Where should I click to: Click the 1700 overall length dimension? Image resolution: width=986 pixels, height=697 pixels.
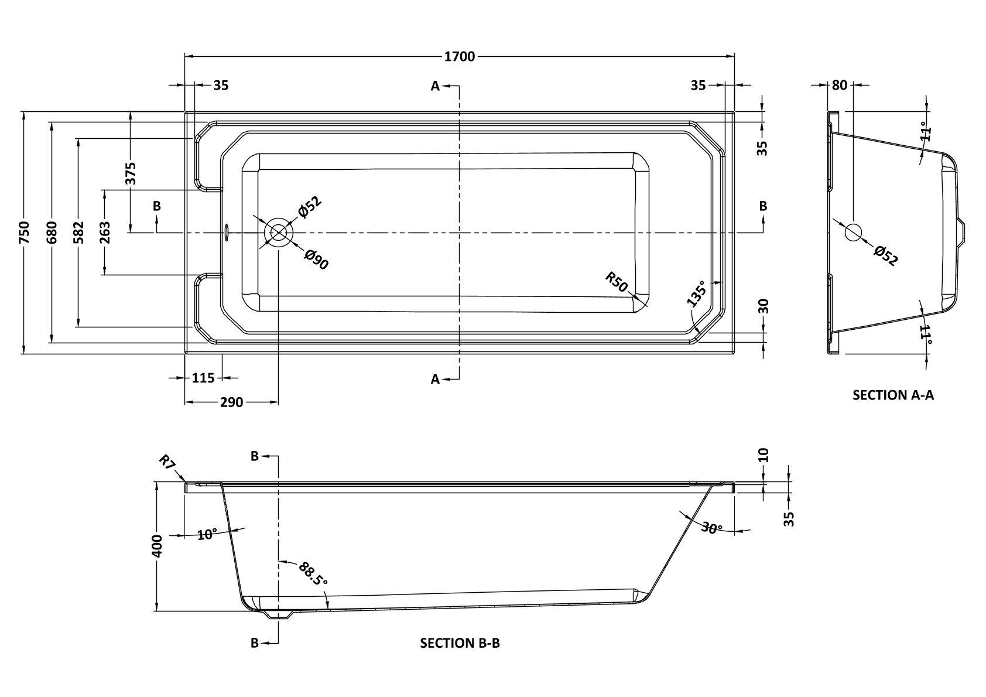tap(460, 57)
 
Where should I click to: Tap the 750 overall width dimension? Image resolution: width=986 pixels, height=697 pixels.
tap(25, 233)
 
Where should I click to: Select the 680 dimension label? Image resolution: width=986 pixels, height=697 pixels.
tap(52, 233)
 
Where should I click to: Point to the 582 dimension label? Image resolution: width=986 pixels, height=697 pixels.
tap(78, 233)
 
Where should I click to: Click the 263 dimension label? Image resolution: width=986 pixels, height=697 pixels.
tap(105, 233)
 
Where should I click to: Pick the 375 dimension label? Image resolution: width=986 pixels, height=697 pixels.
tap(131, 173)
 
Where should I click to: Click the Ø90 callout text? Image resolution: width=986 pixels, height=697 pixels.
tap(317, 259)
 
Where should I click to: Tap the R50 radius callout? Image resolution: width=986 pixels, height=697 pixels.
tap(616, 282)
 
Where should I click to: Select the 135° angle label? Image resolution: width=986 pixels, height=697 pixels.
tap(696, 293)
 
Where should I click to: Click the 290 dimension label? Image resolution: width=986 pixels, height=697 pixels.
tap(231, 402)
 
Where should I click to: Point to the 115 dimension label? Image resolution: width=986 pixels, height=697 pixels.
tap(203, 378)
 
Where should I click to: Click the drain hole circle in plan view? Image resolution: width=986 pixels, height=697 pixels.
tap(278, 233)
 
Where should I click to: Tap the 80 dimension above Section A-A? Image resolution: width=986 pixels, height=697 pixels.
tap(840, 86)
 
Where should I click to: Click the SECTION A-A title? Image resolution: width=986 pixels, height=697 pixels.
tap(893, 395)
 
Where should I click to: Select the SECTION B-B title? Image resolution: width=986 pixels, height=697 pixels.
tap(460, 643)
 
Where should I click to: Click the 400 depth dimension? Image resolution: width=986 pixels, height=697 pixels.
tap(157, 546)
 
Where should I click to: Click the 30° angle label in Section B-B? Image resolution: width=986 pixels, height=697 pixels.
tap(711, 528)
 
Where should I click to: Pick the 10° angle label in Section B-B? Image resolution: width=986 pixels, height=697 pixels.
tap(207, 535)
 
